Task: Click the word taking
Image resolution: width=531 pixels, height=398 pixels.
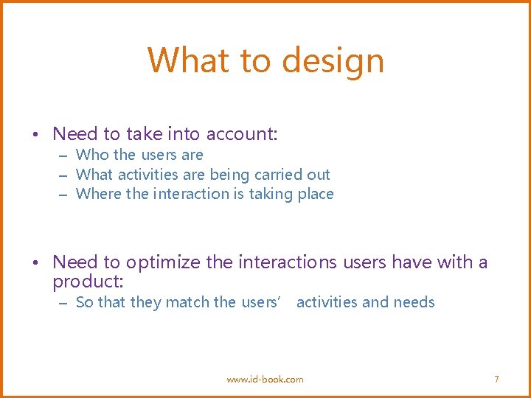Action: [269, 194]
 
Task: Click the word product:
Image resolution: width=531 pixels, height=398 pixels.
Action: [88, 282]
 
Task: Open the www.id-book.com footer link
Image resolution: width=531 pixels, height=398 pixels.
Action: [265, 379]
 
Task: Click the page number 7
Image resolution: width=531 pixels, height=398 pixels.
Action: [496, 379]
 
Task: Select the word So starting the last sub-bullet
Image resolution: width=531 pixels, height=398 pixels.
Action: [84, 302]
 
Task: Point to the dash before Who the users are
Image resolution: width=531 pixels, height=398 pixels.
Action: [63, 156]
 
